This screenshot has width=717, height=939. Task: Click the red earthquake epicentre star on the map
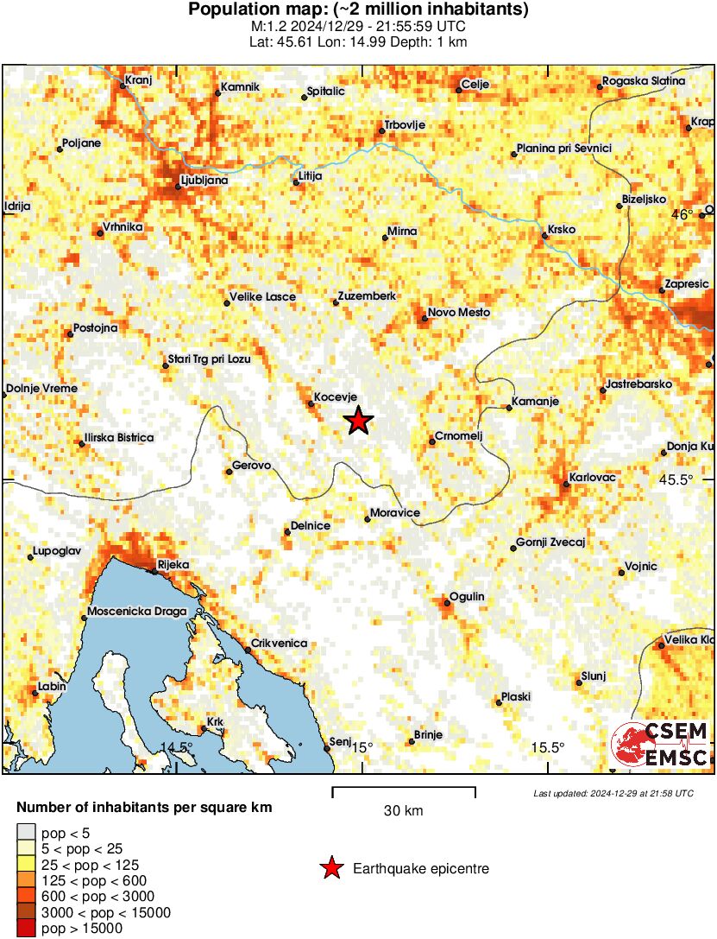[359, 421]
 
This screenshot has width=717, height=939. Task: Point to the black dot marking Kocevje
[311, 403]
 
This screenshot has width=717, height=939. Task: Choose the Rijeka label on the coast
[173, 565]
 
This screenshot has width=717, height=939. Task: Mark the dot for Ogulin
[446, 604]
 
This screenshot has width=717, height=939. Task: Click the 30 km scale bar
[404, 788]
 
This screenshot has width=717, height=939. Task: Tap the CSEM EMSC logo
[660, 745]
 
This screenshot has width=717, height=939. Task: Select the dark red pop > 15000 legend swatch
[26, 929]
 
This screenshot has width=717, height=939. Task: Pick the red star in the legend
[330, 868]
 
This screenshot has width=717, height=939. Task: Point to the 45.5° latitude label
[676, 480]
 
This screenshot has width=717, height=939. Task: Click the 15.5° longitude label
[548, 748]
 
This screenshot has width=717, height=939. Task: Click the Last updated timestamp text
[613, 793]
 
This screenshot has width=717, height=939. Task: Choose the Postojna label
[95, 327]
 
